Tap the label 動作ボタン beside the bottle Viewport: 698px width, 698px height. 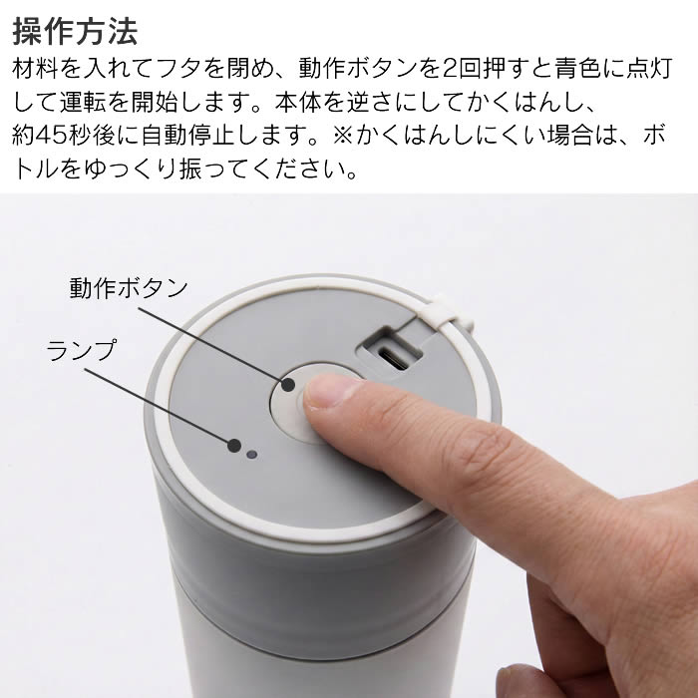129,288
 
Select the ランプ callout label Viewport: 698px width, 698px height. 81,350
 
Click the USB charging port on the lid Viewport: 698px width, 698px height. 393,351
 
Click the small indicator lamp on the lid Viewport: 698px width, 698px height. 252,455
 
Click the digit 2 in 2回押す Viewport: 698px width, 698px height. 453,72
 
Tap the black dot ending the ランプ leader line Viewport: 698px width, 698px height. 236,446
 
